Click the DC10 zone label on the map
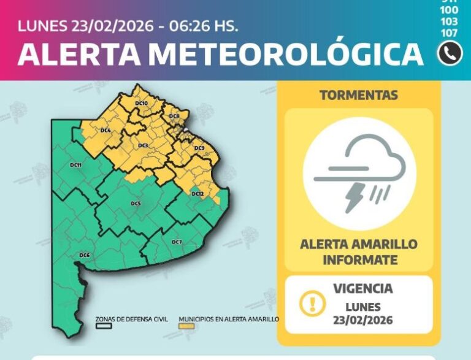coord(141,104)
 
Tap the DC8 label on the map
coord(175,117)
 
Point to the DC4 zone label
coord(105,131)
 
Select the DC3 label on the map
coord(142,145)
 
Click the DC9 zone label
coord(199,148)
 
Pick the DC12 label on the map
coord(197,194)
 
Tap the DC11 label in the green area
coord(76,166)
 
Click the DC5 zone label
coord(136,204)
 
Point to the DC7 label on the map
coord(177,242)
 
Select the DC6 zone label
coord(85,255)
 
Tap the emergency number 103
coord(450,21)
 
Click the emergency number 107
coord(450,33)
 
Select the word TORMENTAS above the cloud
coord(359,96)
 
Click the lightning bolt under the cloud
coord(356,197)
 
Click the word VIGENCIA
coord(362,288)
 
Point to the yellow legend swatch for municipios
coord(186,326)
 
